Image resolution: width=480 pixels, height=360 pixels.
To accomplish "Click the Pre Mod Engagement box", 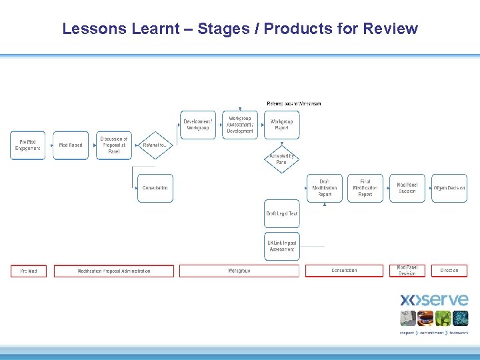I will [28, 145].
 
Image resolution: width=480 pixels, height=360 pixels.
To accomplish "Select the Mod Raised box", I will [71, 145].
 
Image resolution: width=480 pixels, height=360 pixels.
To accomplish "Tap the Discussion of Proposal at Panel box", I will [114, 145].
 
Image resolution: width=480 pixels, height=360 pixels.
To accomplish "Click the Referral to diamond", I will [155, 145].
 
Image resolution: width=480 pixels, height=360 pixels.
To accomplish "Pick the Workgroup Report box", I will [282, 125].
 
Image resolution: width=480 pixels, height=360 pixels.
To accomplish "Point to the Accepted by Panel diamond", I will [282, 159].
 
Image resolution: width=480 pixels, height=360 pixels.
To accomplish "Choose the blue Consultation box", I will [155, 188].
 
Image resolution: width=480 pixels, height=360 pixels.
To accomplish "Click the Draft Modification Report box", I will [325, 188].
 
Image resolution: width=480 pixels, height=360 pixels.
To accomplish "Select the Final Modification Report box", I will [365, 188].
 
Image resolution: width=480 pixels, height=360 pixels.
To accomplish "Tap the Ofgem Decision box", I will [449, 188].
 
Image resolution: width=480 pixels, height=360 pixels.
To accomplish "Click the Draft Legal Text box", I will [282, 214].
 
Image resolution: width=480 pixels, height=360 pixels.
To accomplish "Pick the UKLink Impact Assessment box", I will [282, 246].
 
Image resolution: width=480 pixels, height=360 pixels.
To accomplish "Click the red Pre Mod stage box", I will [29, 271].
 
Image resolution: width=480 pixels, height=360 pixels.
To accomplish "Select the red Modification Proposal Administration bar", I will [114, 271].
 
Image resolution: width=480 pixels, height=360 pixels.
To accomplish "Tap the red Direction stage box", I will [449, 271].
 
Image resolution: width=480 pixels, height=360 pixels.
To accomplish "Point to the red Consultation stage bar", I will [345, 271].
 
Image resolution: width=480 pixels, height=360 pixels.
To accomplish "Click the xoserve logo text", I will [434, 300].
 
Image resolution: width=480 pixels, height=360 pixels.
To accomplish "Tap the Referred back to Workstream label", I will [294, 103].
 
